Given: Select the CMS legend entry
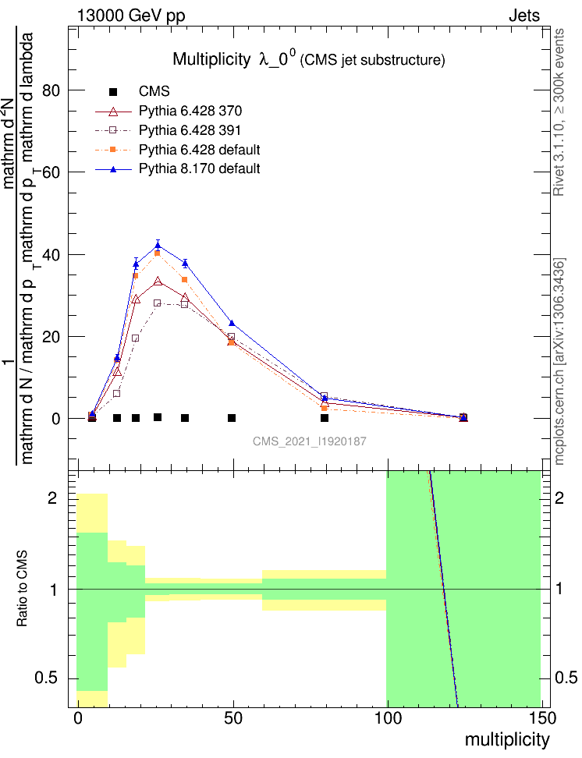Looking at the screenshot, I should pos(154,92).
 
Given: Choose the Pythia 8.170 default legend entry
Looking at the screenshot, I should pos(199,168).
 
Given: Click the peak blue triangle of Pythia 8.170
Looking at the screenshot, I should pos(158,245).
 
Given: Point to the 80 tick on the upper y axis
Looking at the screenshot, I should pos(53,90).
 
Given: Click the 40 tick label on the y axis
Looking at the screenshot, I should pos(53,255).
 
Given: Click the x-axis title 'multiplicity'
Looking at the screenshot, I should pos(507,739).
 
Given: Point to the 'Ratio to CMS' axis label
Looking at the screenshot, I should pos(23,589).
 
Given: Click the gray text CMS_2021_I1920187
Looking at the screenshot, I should pos(310,441).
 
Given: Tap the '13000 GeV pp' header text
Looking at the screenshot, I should pos(131,15).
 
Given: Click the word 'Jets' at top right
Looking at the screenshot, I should pos(523,15).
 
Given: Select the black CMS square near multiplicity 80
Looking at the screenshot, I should pos(325,418).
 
